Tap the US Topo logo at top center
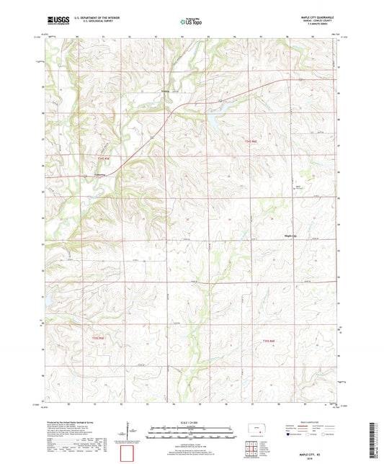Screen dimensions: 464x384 point(191,22)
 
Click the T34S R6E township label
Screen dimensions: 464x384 point(249,144)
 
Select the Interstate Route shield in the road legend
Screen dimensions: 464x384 point(290,434)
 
